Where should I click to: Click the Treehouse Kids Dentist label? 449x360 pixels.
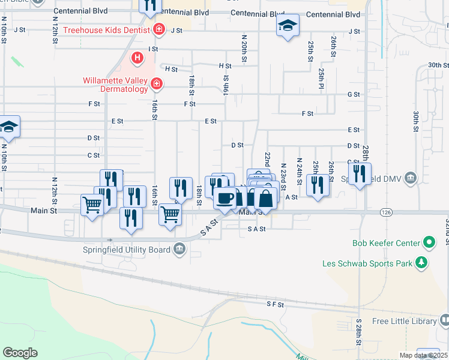(107, 29)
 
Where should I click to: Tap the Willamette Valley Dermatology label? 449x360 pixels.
(115, 85)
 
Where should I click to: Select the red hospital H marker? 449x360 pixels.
(137, 58)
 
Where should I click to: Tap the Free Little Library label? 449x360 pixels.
(405, 322)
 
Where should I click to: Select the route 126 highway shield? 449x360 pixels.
(386, 212)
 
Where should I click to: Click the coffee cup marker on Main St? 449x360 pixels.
(226, 197)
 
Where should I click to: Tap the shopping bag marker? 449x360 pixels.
(265, 198)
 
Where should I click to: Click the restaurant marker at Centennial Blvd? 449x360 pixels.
(149, 5)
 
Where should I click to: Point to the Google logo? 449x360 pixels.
(20, 353)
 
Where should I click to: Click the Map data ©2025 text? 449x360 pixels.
(423, 355)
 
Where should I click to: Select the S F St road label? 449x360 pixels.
(275, 305)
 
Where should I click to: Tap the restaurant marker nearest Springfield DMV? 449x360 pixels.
(360, 174)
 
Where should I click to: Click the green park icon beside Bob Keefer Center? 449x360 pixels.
(429, 242)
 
